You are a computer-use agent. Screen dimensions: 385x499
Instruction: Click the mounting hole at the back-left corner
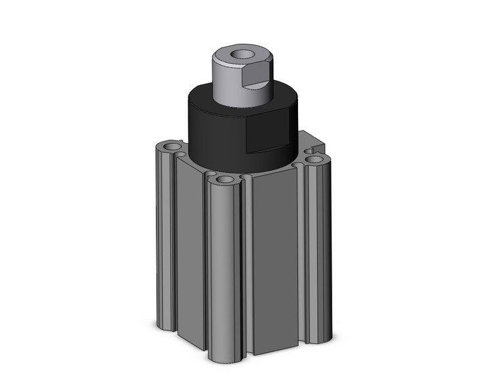[172, 146]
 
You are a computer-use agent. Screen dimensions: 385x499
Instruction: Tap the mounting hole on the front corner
[225, 179]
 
